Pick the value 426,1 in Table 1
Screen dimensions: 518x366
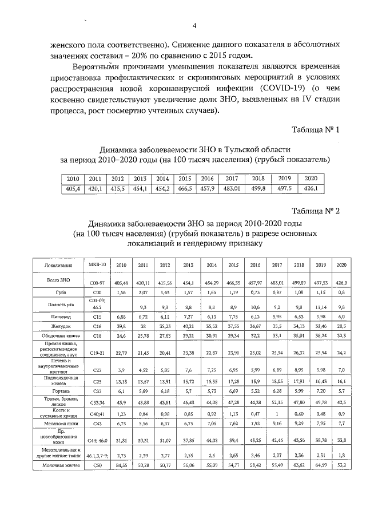click(311, 188)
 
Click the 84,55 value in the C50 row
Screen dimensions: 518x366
click(121, 466)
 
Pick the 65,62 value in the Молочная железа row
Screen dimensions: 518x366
click(299, 466)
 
